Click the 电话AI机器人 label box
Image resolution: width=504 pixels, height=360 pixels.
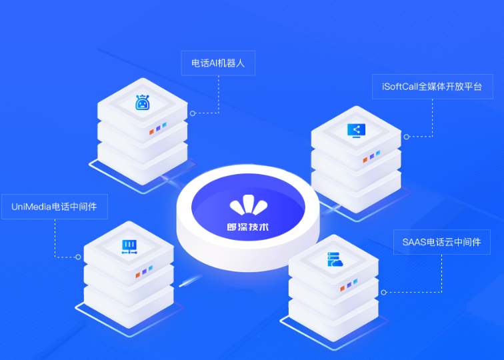(218, 63)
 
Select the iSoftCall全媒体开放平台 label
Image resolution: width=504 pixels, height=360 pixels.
(432, 87)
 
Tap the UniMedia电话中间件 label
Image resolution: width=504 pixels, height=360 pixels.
(55, 207)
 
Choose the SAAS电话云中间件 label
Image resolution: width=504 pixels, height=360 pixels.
(441, 242)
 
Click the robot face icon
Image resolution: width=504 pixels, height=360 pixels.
(143, 102)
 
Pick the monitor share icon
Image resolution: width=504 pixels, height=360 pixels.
(356, 131)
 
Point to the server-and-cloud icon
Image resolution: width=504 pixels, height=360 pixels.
(335, 259)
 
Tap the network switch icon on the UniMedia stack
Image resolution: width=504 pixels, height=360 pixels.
(129, 247)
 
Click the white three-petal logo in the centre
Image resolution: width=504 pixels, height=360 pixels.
(249, 205)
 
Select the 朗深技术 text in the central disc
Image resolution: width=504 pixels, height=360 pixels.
(248, 227)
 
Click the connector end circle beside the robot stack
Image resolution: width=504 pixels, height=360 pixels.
(193, 113)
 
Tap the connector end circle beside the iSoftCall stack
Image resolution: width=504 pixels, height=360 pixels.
(406, 137)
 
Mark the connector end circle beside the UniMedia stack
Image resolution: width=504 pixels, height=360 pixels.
(78, 257)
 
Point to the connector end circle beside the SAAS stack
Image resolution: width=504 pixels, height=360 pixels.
(383, 292)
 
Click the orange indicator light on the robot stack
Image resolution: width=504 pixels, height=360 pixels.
(151, 132)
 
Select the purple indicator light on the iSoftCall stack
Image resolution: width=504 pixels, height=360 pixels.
(372, 156)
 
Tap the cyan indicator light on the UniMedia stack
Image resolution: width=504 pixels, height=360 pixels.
(151, 268)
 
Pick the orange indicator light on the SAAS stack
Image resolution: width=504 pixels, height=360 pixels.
(343, 288)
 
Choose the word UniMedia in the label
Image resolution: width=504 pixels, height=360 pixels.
(31, 207)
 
